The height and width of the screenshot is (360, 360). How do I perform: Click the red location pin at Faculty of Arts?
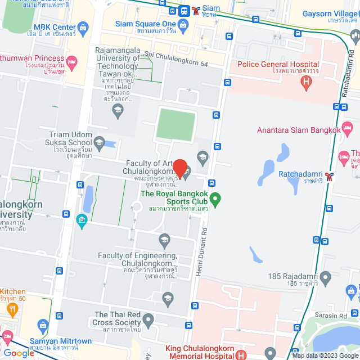179,168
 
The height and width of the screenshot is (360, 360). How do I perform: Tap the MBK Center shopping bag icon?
83,26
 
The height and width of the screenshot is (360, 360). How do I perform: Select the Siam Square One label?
146,24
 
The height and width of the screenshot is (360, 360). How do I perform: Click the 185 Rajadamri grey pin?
325,276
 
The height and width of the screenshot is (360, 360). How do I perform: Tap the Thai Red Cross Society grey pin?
148,322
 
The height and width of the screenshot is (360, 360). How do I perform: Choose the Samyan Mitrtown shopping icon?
43,325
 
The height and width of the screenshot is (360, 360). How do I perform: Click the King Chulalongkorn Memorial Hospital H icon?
241,354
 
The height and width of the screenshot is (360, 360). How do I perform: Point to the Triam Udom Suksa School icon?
99,142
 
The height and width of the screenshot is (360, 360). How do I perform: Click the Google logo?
19,353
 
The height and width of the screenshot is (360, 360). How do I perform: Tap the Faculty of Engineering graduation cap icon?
164,241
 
